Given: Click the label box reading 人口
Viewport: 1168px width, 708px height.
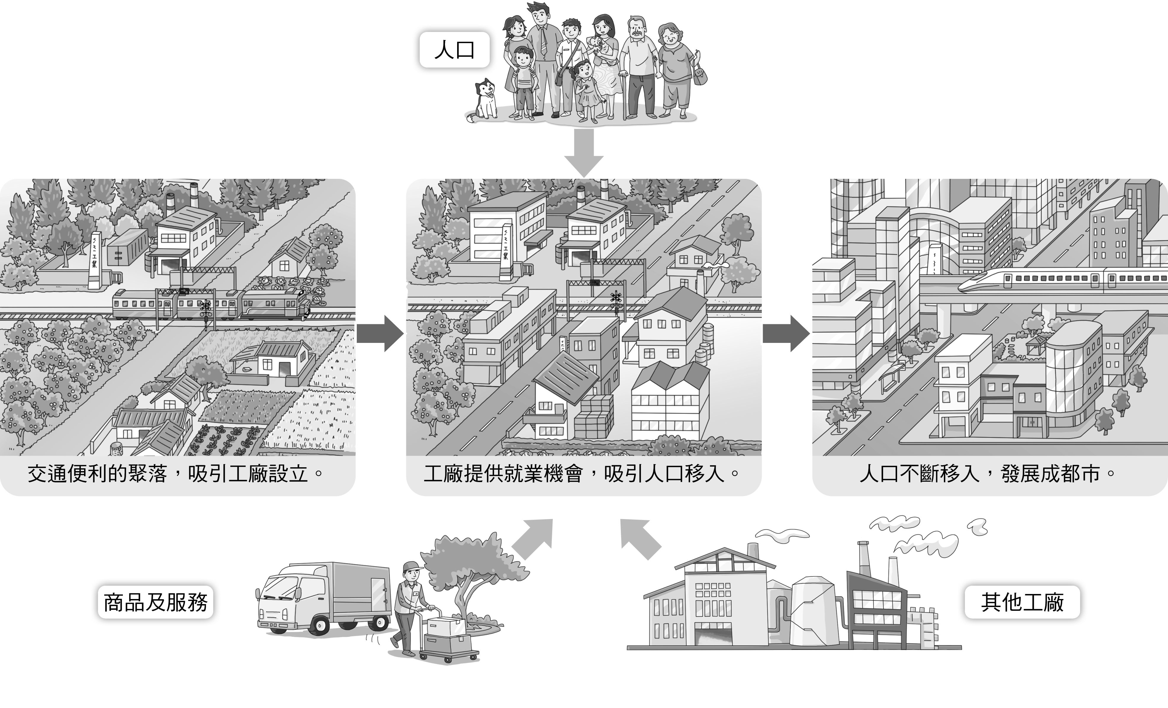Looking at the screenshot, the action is click(x=454, y=50).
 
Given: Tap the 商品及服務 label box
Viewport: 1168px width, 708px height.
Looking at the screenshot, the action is click(x=155, y=602).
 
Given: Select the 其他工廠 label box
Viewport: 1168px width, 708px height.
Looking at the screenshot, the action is click(x=1022, y=602).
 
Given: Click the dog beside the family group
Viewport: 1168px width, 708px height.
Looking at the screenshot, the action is click(x=483, y=101).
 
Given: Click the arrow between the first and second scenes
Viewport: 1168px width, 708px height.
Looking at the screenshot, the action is click(x=380, y=333).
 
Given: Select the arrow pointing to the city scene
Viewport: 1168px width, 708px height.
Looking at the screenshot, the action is click(x=786, y=333).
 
